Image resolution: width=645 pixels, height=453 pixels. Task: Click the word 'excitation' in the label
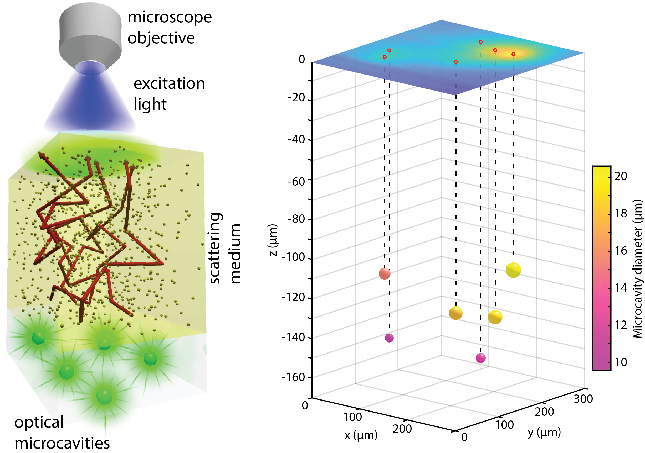click(x=169, y=83)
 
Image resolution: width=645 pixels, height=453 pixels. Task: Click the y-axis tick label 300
click(x=583, y=399)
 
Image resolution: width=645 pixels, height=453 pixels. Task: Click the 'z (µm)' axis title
click(x=273, y=240)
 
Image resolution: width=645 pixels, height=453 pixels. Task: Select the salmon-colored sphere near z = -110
click(x=384, y=273)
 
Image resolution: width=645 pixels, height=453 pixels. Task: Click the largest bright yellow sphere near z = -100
click(x=513, y=270)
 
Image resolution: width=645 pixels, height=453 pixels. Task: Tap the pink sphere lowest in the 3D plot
click(x=481, y=358)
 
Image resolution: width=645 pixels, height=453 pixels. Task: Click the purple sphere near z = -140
click(x=389, y=338)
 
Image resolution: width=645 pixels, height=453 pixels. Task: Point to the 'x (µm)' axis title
click(x=361, y=435)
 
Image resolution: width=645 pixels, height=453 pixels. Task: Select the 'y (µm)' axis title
click(x=544, y=432)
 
